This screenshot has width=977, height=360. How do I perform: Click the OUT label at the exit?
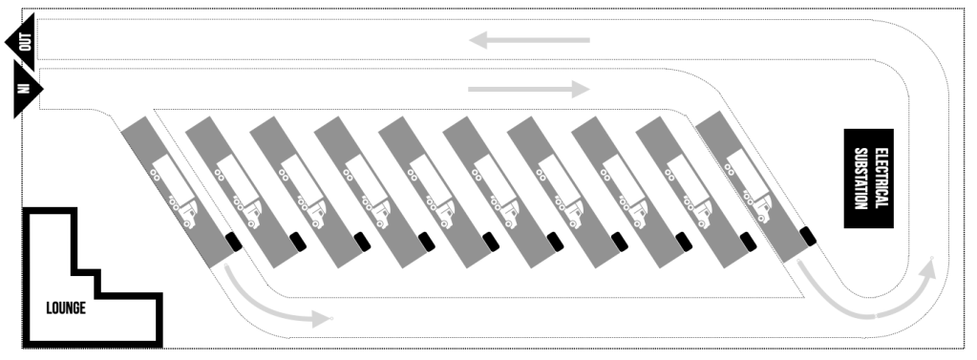[26, 42]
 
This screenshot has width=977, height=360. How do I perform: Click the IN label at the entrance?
[24, 88]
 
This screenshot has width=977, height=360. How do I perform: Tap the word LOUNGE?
[66, 308]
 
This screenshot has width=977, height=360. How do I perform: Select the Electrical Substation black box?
[868, 179]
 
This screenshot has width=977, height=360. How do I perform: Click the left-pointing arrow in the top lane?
[529, 40]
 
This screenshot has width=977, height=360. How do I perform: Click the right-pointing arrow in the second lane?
[529, 89]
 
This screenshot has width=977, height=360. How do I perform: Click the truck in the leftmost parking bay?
[174, 191]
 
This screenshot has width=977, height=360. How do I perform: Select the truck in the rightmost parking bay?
[749, 186]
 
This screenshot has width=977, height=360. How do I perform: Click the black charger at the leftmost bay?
[234, 242]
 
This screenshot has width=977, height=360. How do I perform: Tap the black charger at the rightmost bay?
[808, 237]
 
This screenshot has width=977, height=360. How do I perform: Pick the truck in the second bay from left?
[238, 191]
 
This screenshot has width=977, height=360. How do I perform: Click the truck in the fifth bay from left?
[431, 191]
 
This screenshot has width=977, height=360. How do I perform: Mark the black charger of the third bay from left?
[362, 242]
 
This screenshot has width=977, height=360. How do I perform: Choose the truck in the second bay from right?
[689, 191]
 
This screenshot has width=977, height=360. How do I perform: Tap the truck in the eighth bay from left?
[625, 191]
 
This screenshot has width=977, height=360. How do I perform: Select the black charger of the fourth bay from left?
[427, 242]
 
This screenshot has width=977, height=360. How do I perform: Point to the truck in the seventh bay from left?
[561, 191]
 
